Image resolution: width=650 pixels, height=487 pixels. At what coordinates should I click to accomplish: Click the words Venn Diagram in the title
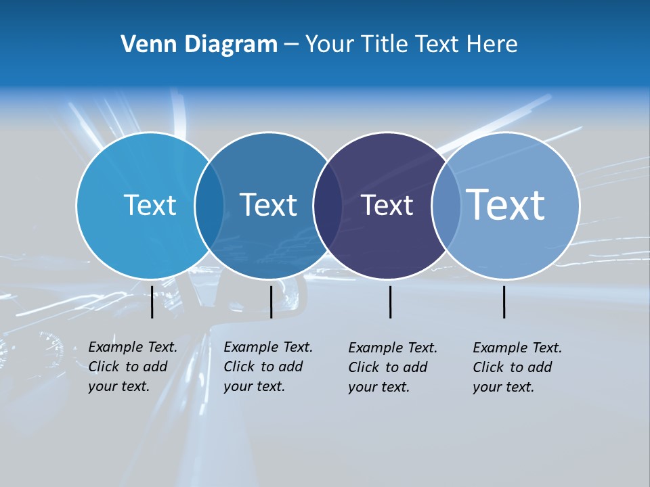[199, 45]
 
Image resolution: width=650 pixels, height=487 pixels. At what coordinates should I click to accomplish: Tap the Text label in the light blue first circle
[150, 205]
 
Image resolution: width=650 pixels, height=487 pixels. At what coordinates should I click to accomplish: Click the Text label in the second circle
[268, 205]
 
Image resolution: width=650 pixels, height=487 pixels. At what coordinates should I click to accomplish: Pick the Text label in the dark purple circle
[387, 206]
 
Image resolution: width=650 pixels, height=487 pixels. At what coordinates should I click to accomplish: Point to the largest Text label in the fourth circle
[506, 204]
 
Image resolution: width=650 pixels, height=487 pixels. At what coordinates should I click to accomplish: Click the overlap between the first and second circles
[209, 206]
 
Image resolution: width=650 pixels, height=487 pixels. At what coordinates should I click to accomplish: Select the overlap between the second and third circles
[328, 206]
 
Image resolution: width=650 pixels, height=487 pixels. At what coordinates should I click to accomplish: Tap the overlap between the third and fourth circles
[446, 206]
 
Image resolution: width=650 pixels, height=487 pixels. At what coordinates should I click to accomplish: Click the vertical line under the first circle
[152, 302]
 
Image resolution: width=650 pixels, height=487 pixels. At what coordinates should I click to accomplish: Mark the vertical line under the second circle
[271, 302]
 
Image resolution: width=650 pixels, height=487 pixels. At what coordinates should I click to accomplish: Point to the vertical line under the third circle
[390, 302]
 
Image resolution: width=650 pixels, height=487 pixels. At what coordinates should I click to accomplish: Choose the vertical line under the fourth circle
[504, 302]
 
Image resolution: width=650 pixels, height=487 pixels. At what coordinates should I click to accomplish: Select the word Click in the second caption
[239, 367]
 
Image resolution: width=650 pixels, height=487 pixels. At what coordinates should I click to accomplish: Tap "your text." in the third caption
[379, 387]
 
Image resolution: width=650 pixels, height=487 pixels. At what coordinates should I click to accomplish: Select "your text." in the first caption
[119, 386]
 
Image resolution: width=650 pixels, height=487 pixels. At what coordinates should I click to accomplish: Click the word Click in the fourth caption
[488, 367]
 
